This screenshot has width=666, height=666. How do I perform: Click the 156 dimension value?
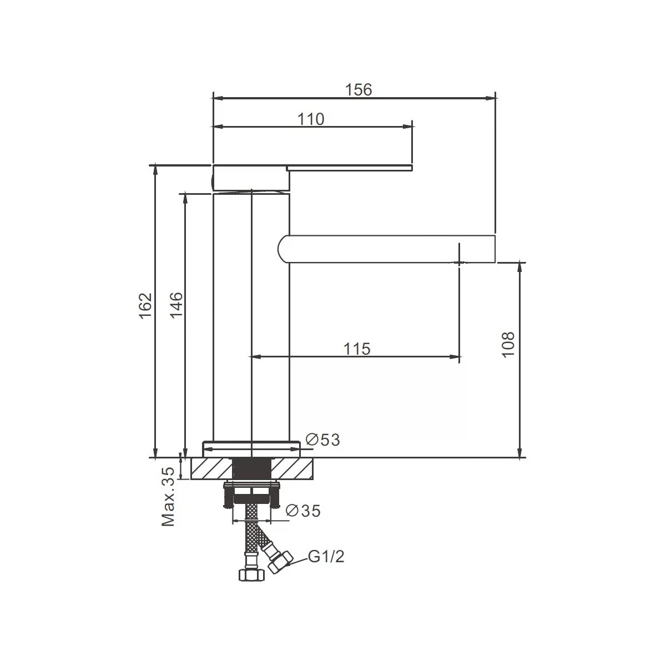359,90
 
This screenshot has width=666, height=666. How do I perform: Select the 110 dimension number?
311,119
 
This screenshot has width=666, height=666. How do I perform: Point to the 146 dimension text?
176,305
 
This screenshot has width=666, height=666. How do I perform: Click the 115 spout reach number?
357,349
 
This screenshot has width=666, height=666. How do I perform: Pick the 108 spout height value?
508,345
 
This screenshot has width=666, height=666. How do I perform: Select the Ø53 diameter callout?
323,440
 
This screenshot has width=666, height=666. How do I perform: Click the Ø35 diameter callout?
304,511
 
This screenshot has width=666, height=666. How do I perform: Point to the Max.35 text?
168,497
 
